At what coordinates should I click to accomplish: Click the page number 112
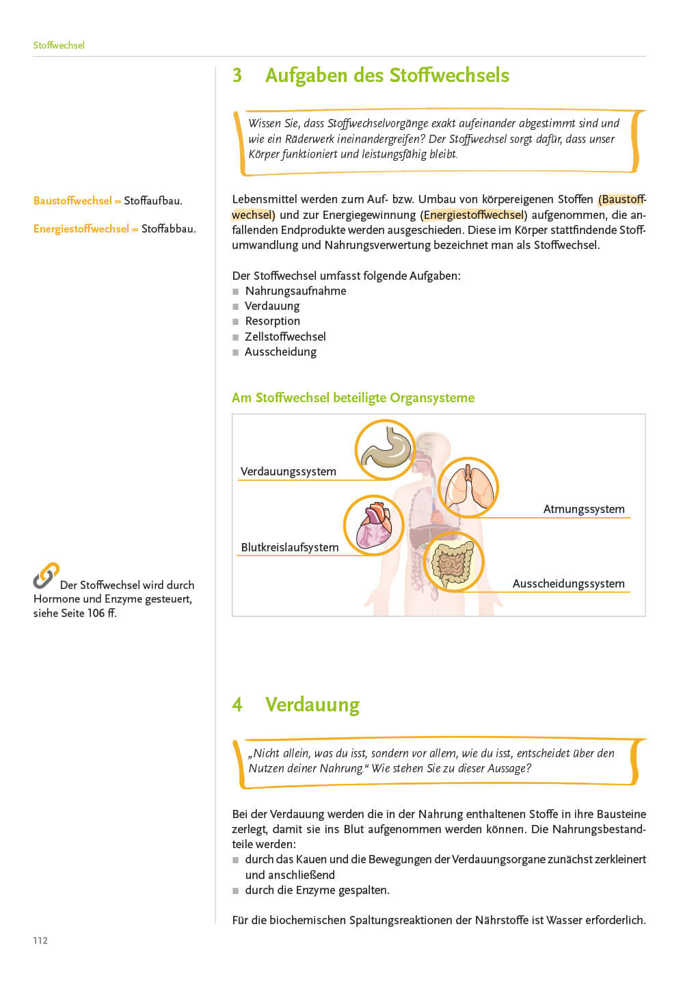(40, 941)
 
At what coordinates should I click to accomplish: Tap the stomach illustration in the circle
(386, 449)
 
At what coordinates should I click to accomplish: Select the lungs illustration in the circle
(468, 487)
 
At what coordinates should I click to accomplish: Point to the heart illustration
(373, 525)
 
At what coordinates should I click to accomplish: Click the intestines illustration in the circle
(453, 562)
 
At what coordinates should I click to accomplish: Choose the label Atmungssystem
(584, 509)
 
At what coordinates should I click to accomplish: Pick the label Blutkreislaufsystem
(290, 547)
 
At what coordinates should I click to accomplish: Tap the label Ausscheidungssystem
(568, 583)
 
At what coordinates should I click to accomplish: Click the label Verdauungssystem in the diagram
(289, 471)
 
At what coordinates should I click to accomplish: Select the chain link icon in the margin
(46, 576)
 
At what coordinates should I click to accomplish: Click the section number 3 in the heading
(237, 75)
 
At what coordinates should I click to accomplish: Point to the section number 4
(237, 705)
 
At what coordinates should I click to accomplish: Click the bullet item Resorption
(272, 321)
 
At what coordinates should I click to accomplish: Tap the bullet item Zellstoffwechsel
(285, 337)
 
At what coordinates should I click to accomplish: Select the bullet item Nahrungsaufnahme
(295, 291)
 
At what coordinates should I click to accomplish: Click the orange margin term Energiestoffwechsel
(81, 228)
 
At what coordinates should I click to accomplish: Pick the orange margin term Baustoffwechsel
(72, 200)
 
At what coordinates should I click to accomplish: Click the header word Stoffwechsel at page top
(59, 45)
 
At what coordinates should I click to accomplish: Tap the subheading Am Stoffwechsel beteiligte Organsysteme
(353, 397)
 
